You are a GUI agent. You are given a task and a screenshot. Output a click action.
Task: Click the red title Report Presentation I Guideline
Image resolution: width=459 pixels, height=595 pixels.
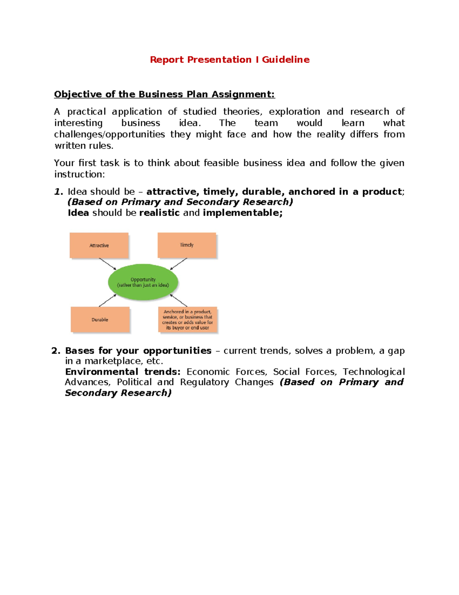tap(229, 60)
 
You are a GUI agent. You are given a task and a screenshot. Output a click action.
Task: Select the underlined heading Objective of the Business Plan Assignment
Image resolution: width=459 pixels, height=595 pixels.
tap(164, 94)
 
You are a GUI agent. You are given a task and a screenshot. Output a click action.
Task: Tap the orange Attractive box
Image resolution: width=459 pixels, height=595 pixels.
tap(99, 245)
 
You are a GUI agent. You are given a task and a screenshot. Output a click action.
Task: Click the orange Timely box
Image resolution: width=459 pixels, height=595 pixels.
tap(187, 245)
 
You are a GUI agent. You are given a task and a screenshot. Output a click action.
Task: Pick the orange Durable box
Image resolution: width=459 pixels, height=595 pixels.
tap(100, 320)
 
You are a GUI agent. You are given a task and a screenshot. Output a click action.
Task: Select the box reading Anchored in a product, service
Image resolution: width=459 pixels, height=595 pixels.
tap(187, 320)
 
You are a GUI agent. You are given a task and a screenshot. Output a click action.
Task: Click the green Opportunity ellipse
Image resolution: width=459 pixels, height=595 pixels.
tap(143, 282)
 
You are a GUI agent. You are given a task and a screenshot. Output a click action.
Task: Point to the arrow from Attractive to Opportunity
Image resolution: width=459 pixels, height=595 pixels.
tap(107, 264)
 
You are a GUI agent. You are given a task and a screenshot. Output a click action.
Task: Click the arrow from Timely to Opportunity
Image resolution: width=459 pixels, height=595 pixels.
tap(179, 264)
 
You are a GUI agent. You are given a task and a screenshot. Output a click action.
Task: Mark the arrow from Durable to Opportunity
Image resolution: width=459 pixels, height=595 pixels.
tap(107, 301)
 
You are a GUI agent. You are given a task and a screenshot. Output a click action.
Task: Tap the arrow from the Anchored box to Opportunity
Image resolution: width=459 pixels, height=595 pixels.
tap(179, 300)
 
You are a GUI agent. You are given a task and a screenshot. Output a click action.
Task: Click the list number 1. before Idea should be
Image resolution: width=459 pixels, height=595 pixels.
tap(58, 192)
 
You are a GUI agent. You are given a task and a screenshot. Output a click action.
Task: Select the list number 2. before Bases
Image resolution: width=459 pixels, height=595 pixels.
tap(56, 351)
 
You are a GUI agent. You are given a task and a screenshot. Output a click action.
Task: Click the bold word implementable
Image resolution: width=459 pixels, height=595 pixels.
tap(243, 213)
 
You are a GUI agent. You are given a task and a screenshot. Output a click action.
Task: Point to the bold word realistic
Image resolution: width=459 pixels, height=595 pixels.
tap(160, 213)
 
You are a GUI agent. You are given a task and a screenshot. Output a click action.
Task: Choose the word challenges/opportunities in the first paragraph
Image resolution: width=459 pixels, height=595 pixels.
tap(109, 134)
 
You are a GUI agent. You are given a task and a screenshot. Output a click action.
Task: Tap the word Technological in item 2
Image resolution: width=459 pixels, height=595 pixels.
tap(373, 372)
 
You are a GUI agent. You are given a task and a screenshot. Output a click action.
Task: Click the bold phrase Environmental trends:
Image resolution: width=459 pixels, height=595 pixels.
tap(122, 372)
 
